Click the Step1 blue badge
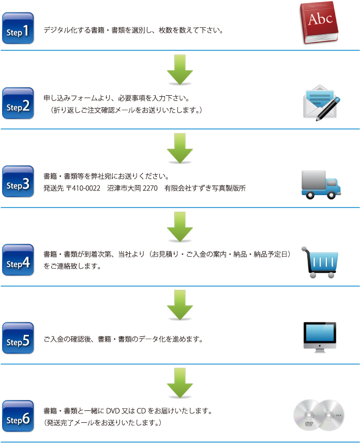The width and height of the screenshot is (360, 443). click(x=18, y=29)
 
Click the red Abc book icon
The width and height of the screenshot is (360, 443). click(x=320, y=23)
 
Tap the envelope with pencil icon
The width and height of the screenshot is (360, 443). click(x=321, y=102)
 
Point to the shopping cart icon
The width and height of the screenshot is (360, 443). click(x=321, y=262)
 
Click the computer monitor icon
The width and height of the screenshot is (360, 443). click(x=320, y=337)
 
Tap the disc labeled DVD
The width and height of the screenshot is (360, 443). click(x=309, y=416)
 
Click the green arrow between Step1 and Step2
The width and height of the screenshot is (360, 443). click(x=180, y=69)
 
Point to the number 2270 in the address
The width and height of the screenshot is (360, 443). click(x=149, y=188)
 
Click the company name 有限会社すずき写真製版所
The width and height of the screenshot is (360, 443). click(x=205, y=188)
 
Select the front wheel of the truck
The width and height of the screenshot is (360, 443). click(x=332, y=195)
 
